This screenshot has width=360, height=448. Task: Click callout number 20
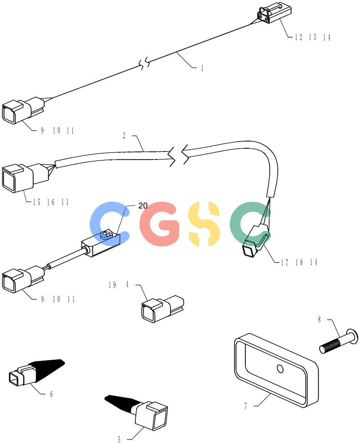143,206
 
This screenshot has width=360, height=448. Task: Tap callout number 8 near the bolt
319,319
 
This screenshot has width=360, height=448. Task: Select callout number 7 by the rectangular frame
245,406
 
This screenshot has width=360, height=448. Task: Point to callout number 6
51,394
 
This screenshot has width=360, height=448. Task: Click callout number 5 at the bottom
120,439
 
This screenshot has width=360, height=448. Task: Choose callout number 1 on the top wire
202,68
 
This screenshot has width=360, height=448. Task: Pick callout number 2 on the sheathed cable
124,135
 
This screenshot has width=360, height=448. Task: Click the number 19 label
112,285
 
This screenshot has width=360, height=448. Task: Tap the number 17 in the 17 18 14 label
285,263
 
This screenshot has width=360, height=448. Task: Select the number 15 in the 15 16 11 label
37,202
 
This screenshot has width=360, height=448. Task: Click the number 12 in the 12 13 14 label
299,37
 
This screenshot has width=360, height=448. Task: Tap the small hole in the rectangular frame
280,369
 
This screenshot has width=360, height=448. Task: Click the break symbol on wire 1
145,63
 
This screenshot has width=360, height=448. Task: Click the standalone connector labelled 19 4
163,309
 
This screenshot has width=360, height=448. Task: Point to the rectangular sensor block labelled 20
101,243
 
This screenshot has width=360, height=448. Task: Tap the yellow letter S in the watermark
204,224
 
